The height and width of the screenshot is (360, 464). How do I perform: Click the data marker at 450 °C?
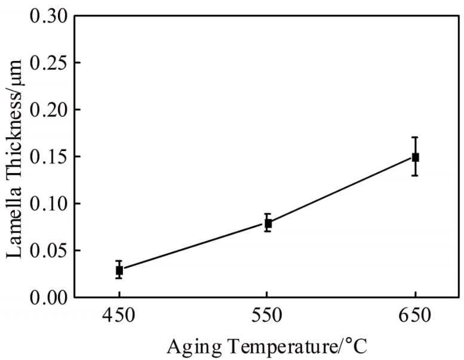[x=119, y=270]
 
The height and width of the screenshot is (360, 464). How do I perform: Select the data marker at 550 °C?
[x=268, y=223]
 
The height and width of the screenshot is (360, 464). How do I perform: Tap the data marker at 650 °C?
[x=415, y=157]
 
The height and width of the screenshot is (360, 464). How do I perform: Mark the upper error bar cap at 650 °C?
[x=415, y=137]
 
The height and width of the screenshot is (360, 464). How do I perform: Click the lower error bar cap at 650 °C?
[x=415, y=176]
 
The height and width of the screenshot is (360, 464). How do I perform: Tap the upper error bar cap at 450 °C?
[x=119, y=261]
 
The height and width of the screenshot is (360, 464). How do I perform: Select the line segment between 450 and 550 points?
[x=194, y=247]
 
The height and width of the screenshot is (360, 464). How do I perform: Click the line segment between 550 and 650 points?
[x=342, y=190]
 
